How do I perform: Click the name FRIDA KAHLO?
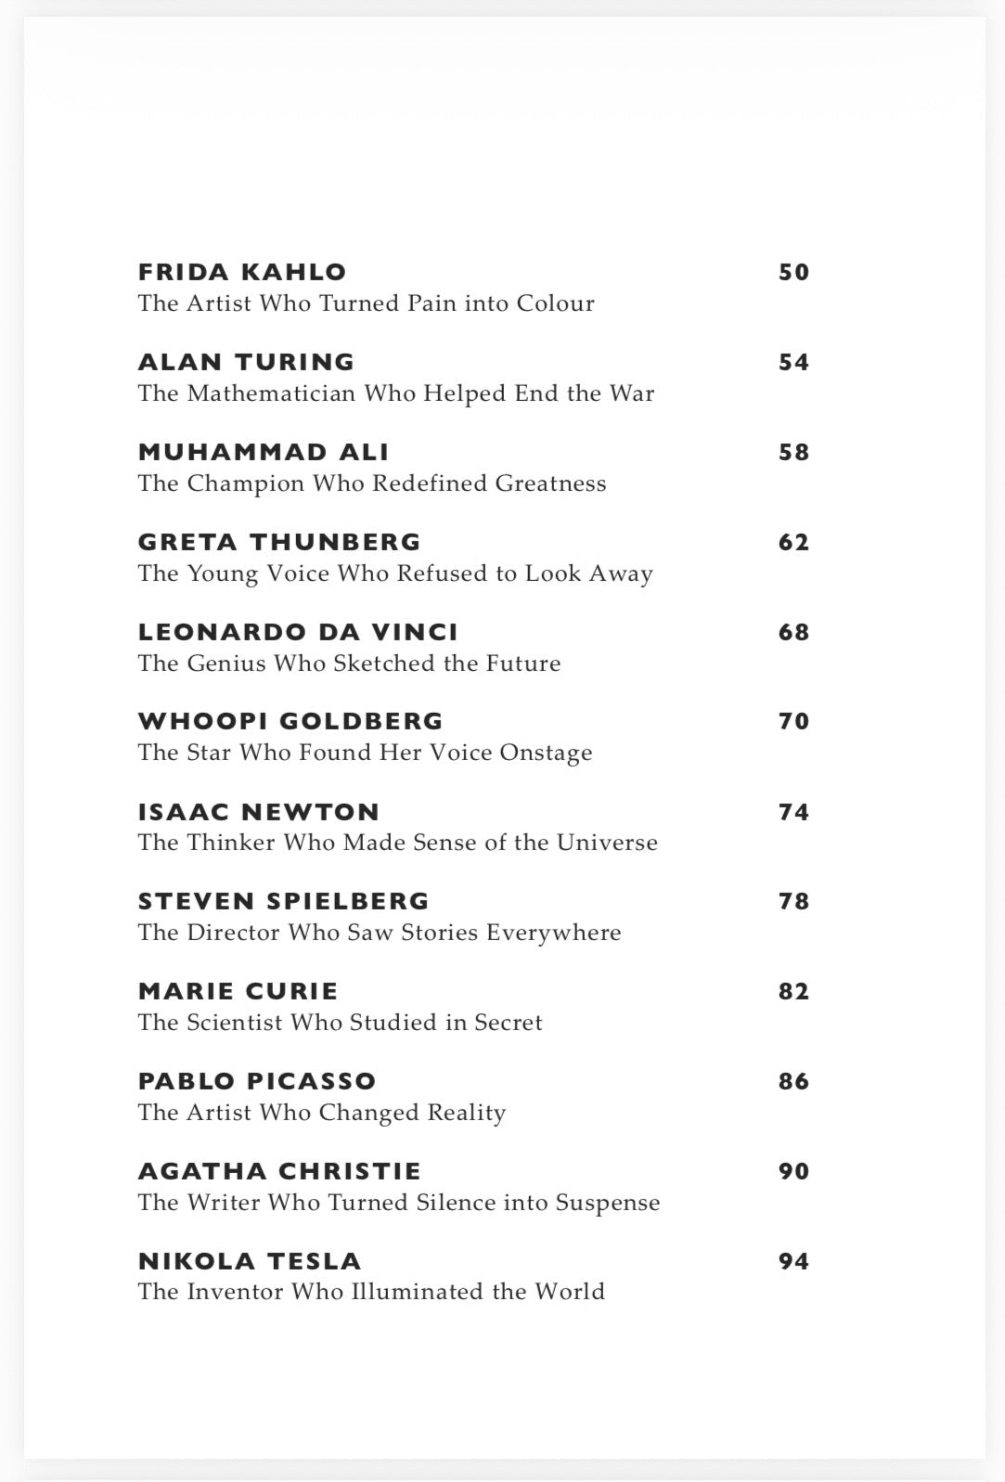pos(242,272)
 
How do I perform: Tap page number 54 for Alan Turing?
pos(793,362)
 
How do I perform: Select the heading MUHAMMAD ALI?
pos(264,452)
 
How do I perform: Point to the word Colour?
pos(555,303)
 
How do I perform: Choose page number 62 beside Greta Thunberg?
pos(793,542)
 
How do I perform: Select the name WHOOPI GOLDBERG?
pos(290,721)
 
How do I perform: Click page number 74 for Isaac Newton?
pos(793,812)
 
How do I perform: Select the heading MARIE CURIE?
pos(238,991)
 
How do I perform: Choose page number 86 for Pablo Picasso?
pos(793,1081)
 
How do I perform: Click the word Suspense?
pos(608,1203)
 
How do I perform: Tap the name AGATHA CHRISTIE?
pos(279,1171)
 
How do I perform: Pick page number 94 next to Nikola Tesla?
pos(793,1261)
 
